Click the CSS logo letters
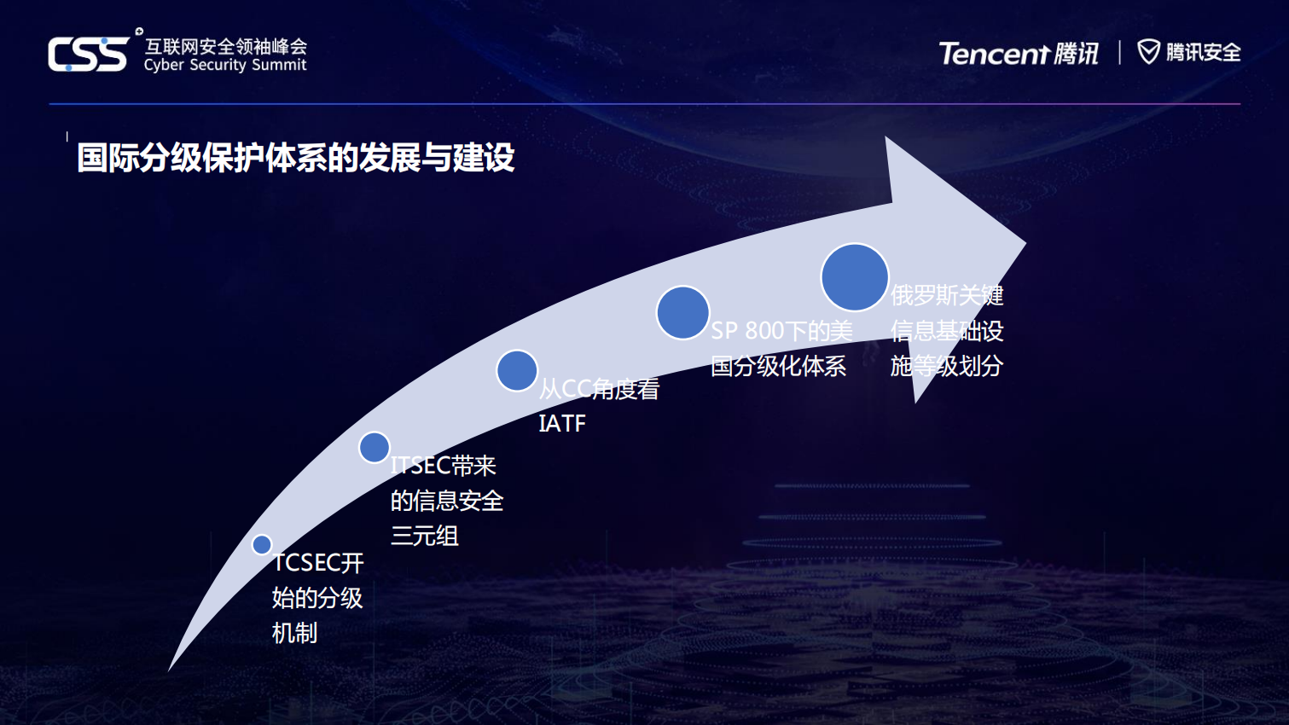click(88, 55)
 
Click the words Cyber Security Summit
click(224, 65)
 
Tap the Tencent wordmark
click(994, 54)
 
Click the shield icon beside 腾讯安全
click(1148, 52)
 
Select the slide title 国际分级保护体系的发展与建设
click(296, 158)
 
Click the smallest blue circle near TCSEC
click(262, 544)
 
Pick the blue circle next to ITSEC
click(375, 447)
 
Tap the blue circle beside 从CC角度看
click(517, 371)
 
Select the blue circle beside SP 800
click(682, 313)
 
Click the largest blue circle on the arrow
click(854, 277)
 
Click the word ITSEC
click(421, 466)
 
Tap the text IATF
click(562, 423)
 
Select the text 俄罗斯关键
click(947, 295)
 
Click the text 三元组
click(425, 536)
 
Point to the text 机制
click(294, 633)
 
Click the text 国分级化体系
click(778, 366)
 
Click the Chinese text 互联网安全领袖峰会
click(226, 46)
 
